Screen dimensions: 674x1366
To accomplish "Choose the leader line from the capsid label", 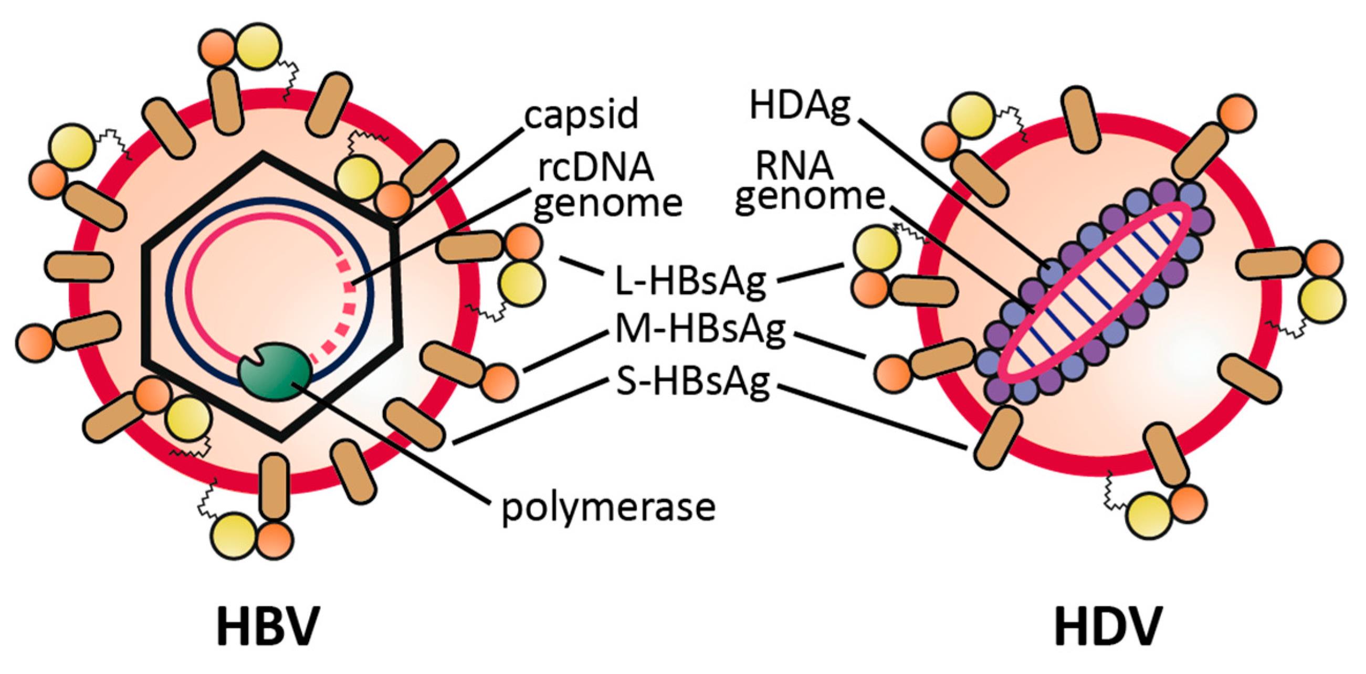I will (x=461, y=175).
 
